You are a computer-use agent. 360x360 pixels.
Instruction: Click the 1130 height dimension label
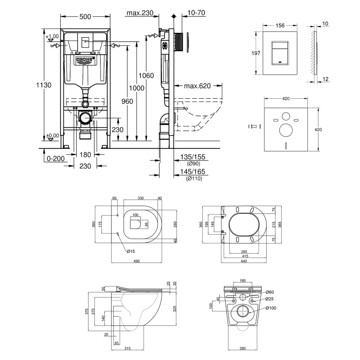coord(44,85)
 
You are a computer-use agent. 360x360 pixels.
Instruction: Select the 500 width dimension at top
coord(85,16)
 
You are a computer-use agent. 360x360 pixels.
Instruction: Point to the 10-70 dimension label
coord(196,13)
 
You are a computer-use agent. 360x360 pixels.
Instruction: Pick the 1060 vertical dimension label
coord(146,76)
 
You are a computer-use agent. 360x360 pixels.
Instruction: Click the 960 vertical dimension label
coord(127,101)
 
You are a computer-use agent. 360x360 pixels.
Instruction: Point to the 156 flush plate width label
coord(280,26)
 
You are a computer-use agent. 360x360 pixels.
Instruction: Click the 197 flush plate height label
coord(255,53)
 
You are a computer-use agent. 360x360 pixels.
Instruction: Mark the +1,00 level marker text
coord(52,36)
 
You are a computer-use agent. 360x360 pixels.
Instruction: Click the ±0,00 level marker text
coord(53,135)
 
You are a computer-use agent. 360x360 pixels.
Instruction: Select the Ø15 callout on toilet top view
coord(131,252)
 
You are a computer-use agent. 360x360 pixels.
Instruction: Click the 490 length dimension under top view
coord(137,261)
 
